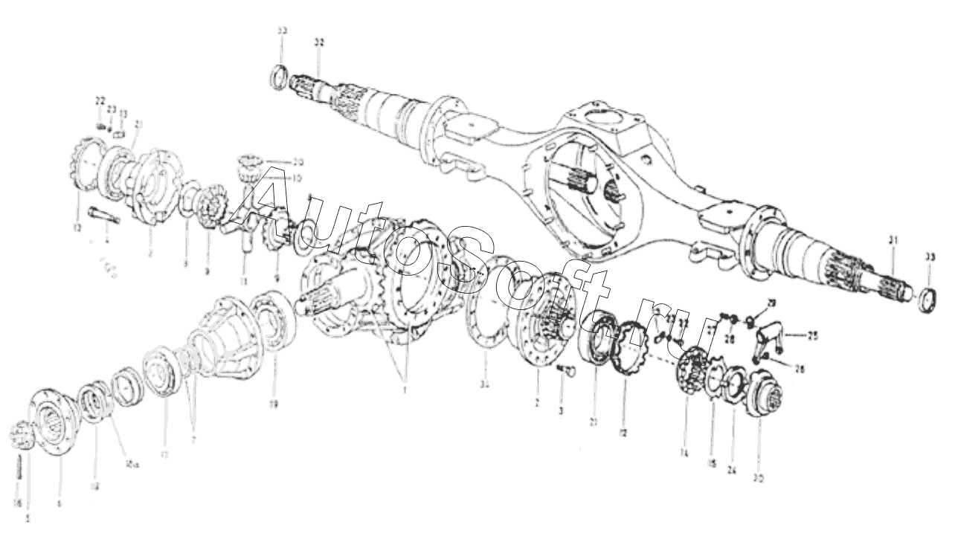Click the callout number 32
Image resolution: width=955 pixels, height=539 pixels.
point(319,43)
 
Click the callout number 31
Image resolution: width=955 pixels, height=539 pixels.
point(893,240)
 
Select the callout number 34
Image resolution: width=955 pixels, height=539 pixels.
point(485,385)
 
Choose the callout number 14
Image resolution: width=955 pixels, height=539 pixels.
point(684,452)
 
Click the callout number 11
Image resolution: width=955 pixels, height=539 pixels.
point(244,281)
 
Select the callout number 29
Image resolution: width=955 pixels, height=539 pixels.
point(771,303)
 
